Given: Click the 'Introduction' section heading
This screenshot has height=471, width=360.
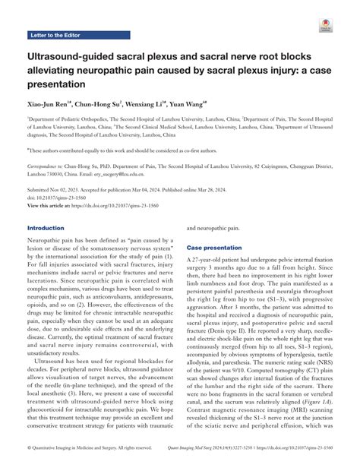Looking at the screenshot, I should pyautogui.click(x=51, y=228).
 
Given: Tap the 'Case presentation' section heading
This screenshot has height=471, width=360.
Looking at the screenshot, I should pyautogui.click(x=217, y=248).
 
